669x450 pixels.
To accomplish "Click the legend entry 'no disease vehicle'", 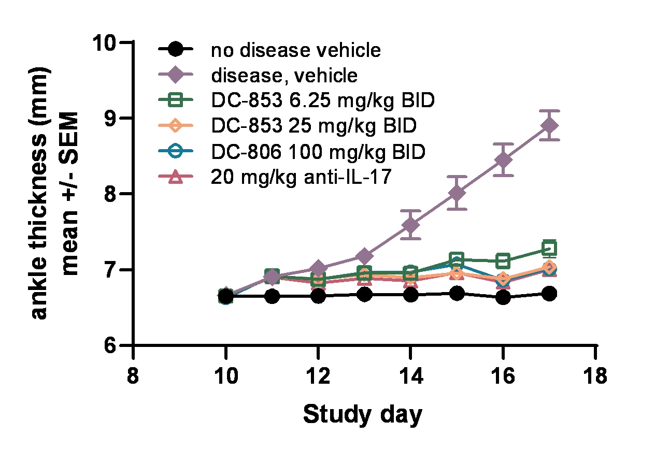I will tap(295, 50).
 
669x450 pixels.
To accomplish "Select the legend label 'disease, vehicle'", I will tap(284, 76).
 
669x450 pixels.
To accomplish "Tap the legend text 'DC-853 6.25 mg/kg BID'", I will tap(322, 101).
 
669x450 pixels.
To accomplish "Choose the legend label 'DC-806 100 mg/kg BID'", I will tap(318, 152).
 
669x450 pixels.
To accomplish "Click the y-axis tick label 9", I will tap(115, 118).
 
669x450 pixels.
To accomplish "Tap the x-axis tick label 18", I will tap(594, 376).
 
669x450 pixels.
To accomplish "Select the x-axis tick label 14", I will tap(410, 376).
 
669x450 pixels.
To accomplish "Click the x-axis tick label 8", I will tap(134, 376).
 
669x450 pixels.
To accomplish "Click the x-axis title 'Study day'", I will tap(363, 415).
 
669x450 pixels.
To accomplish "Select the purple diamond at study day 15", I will tap(457, 193).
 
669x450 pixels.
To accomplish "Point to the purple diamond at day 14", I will tap(410, 225).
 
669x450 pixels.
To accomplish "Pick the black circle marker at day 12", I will tap(318, 296).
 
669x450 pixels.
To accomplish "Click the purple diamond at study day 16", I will tap(503, 159).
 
